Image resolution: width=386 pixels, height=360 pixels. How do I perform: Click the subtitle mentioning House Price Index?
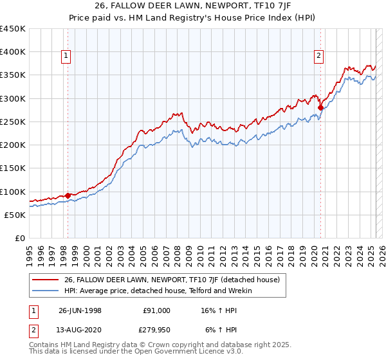coord(192,18)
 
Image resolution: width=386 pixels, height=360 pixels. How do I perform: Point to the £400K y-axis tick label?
coord(13,52)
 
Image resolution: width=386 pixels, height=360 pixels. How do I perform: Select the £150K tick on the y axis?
coord(13,168)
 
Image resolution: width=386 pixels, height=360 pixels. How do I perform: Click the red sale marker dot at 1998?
coord(68,195)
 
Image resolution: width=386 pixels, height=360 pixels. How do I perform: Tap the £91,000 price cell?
coord(156,310)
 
